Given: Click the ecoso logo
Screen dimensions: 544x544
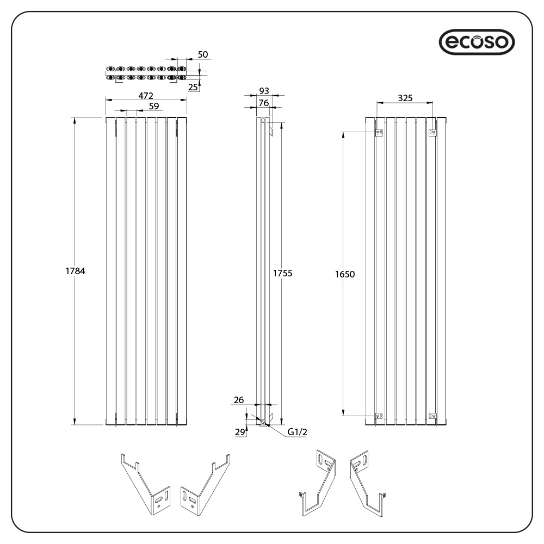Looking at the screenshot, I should pos(476,41).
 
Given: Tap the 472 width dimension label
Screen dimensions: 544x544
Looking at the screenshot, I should pos(145,96).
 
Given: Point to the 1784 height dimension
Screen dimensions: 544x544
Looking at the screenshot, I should pos(76,270).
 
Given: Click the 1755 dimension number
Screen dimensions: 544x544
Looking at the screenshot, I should pos(282,273).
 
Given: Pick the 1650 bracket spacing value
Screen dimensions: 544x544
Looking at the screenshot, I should pos(344,274).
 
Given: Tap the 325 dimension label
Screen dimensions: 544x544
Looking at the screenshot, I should pos(405,98).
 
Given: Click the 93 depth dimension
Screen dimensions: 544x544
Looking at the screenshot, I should pos(264,91).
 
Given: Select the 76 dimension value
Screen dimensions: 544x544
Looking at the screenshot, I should pos(264,103).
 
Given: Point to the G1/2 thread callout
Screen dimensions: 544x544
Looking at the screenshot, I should pos(298,432).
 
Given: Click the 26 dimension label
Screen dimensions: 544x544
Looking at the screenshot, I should pos(238,400).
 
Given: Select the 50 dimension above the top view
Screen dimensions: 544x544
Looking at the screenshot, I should pos(203,54).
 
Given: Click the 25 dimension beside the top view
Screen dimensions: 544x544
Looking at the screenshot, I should pos(193,86).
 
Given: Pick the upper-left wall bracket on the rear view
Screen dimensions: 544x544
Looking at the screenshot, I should pos(380,132).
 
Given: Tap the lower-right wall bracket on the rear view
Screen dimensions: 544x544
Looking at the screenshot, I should pos(432,416).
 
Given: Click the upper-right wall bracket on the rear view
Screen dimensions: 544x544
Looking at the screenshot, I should pos(432,132).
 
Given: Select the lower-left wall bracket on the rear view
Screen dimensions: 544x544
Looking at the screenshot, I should pos(380,416).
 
